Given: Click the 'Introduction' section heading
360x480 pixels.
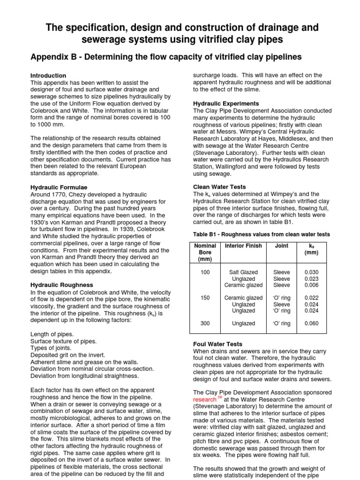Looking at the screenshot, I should point(48,75).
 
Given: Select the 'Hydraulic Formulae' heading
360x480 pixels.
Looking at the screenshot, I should point(57,187).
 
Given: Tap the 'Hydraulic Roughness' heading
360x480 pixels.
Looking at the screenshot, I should point(61,285).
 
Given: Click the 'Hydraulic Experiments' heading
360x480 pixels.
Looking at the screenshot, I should point(226,103).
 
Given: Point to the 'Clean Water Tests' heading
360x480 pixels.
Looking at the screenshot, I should point(219,187).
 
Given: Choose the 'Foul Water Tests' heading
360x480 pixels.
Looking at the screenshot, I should point(218,344).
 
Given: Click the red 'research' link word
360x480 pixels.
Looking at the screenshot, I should point(205,399).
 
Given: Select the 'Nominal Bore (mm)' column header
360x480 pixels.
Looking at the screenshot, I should point(205,252).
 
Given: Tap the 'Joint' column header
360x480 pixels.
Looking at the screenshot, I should point(282,246).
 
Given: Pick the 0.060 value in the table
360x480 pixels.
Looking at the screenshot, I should point(311,323).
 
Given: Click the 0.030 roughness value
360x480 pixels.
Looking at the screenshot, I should point(311,272).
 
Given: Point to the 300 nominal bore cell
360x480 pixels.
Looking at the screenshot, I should point(205,323).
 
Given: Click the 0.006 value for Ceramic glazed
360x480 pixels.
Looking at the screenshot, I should point(311,285).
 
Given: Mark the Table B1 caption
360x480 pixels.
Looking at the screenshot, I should point(262,234).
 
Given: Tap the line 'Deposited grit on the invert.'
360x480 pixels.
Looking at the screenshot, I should point(67,355).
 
